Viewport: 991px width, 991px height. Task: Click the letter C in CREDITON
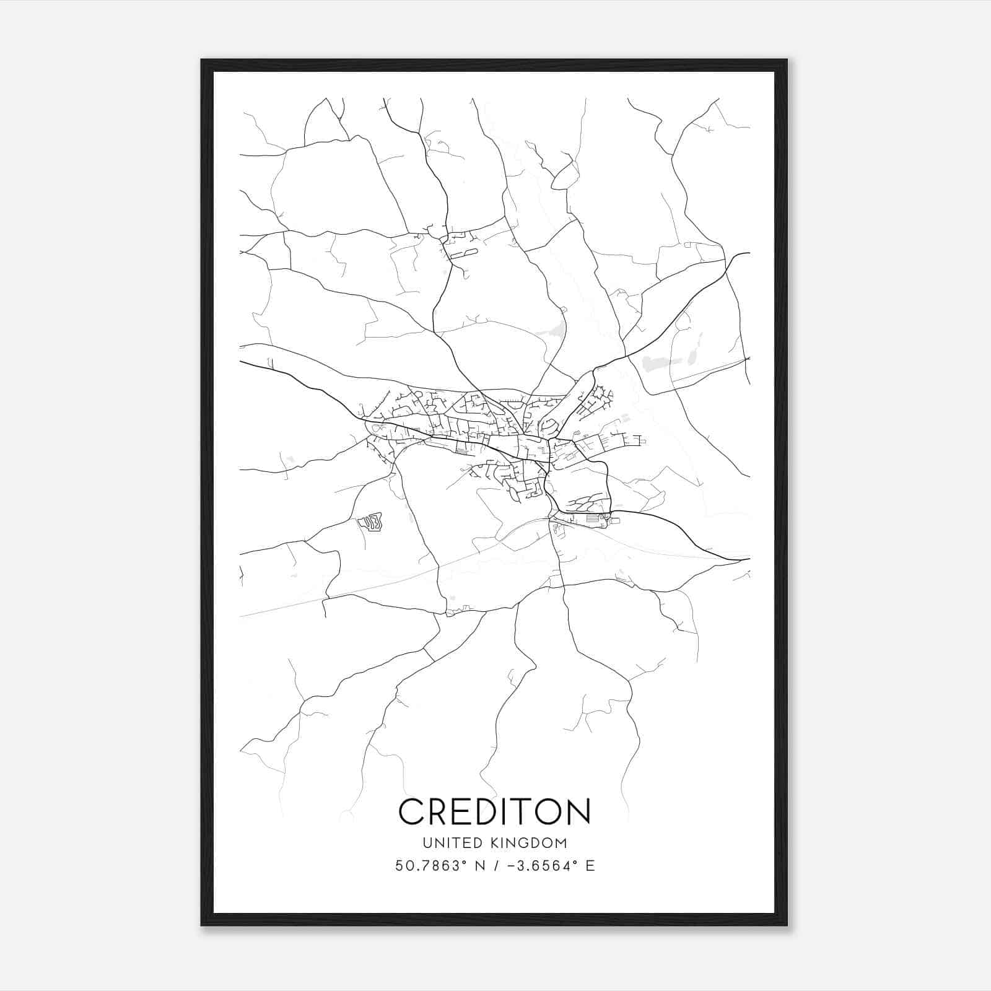point(413,812)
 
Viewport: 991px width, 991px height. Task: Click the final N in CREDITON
point(578,812)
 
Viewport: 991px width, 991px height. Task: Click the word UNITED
point(446,843)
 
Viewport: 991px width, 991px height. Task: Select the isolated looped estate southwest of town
point(370,523)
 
